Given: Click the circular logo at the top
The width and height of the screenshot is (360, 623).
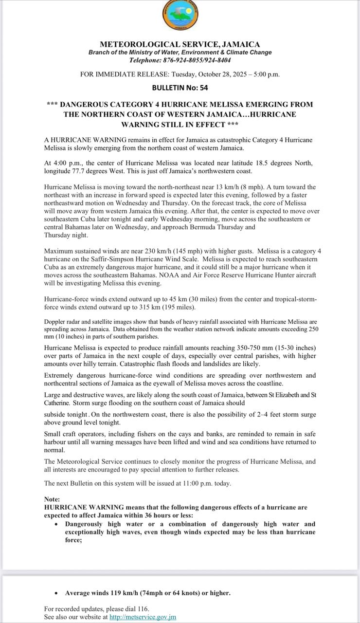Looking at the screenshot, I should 180,16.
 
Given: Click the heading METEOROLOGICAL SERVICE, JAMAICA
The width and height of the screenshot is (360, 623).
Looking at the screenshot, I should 180,44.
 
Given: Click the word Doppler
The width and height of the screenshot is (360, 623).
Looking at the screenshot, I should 54,322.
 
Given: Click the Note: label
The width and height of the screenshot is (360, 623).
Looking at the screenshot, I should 52,499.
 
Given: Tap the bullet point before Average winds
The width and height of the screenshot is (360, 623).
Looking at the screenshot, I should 57,593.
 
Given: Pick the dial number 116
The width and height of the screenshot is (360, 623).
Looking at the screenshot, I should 143,609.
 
